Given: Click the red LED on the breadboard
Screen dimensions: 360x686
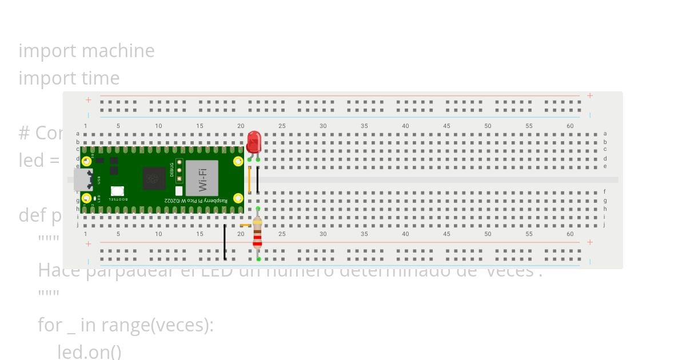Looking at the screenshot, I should point(254,142).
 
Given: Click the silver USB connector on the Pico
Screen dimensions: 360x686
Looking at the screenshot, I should point(82,179).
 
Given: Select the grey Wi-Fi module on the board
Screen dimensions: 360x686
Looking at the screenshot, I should point(202,177).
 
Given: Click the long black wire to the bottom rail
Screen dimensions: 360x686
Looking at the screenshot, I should point(225,242).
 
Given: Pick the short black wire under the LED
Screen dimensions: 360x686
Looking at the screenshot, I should point(258,179).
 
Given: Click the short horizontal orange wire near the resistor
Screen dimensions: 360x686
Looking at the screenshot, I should point(246,225).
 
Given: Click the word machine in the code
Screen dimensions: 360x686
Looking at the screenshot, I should point(119,51).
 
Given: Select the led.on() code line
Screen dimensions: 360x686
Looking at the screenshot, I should point(89,351).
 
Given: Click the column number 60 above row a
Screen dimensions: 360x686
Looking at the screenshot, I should point(570,126).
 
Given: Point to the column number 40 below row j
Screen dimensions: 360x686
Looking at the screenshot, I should point(405,234).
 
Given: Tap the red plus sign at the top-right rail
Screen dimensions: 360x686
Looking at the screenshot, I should point(590,95).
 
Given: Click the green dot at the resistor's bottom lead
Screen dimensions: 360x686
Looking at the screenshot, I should point(258,259).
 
